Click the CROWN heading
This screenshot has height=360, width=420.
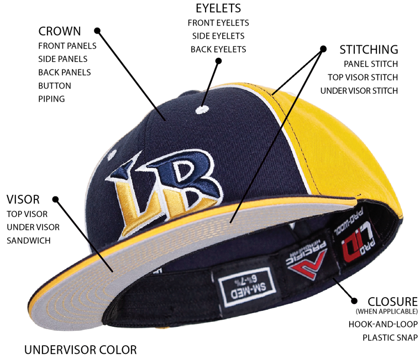[x=60, y=31]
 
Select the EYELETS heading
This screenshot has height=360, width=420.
[x=218, y=9]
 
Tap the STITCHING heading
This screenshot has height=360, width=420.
[x=368, y=50]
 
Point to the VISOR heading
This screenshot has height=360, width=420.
[x=23, y=199]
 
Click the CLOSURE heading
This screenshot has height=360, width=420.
[x=392, y=301]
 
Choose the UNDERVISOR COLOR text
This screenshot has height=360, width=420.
[x=80, y=350]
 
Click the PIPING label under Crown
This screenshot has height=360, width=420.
[x=51, y=99]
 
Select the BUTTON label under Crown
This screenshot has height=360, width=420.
[x=55, y=86]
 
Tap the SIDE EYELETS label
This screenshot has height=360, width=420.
[x=218, y=36]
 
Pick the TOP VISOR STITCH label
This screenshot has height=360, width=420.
[x=363, y=77]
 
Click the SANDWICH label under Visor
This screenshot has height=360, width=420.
[x=28, y=240]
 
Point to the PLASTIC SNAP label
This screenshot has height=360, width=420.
[x=390, y=337]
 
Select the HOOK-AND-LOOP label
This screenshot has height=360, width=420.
[x=383, y=324]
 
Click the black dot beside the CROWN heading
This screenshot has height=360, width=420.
[x=97, y=31]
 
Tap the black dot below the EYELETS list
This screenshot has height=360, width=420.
[x=218, y=61]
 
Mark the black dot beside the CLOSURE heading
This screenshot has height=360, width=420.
[x=354, y=301]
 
